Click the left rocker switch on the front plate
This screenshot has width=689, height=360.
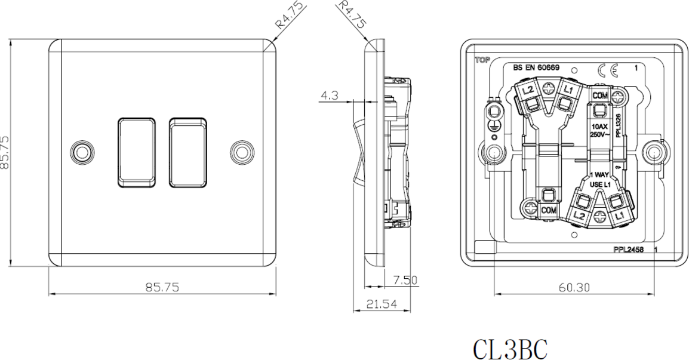[x=137, y=152]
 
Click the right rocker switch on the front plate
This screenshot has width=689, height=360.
[x=188, y=152]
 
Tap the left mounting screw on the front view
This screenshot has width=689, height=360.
[x=82, y=152]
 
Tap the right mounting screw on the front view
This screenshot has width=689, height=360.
[x=242, y=152]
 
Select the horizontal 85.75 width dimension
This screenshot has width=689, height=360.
[x=162, y=287]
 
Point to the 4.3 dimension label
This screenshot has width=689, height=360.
[x=330, y=95]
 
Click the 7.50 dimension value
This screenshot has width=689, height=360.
[x=405, y=279]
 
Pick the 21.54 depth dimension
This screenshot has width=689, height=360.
[x=381, y=304]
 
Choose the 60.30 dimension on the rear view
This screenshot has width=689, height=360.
[x=574, y=288]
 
